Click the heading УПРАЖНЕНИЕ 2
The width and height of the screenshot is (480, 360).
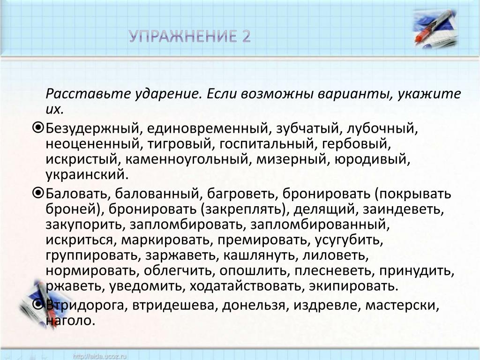tap(190, 37)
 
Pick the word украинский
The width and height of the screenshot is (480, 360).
tap(85, 175)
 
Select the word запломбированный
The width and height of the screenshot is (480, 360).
tap(320, 225)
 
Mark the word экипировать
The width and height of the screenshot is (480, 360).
tap(353, 286)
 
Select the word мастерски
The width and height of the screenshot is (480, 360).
tap(402, 306)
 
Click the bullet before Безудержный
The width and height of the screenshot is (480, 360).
tap(38, 128)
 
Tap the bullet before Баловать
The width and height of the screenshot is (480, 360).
tap(38, 194)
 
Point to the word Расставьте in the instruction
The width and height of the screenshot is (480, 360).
tap(88, 94)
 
